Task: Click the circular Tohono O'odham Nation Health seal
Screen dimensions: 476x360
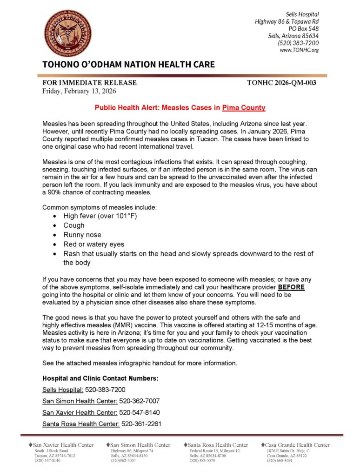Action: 67,33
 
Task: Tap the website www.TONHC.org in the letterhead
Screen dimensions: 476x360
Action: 299,50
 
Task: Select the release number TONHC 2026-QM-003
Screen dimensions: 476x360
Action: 282,83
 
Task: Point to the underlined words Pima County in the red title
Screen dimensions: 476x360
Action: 244,108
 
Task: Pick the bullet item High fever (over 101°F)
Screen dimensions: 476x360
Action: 100,216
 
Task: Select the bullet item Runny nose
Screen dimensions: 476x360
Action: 82,235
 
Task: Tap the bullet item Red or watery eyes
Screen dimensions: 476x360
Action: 94,244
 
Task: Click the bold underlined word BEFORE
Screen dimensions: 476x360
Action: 291,287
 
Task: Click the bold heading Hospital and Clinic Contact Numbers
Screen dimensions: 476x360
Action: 100,378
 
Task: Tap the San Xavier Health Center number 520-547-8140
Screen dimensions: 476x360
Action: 140,412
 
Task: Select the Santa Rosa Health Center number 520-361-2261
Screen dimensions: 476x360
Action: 141,423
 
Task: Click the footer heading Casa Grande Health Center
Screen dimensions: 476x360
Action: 298,445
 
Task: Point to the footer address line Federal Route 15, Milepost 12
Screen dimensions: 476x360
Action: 214,451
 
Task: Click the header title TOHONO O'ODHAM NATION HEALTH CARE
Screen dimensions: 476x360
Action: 128,65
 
